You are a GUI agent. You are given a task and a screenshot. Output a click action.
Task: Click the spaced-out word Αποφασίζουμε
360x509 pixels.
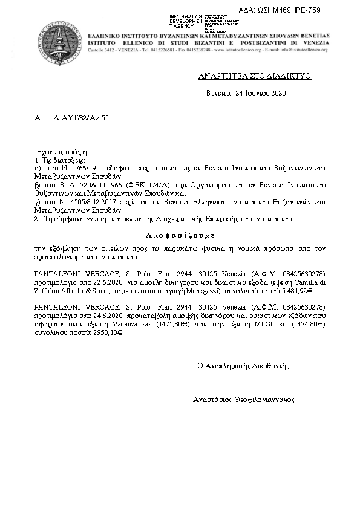180,233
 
